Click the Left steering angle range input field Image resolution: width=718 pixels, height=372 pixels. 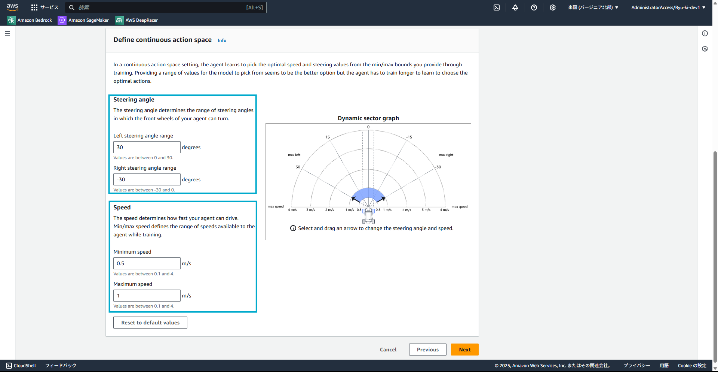[x=147, y=147]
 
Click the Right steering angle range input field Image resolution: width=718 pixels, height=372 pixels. [x=147, y=179]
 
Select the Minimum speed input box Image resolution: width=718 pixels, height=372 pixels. [x=147, y=263]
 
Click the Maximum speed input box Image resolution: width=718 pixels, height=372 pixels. [x=147, y=296]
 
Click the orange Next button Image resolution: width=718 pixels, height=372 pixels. [x=465, y=350]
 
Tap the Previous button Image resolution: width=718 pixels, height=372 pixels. [x=428, y=350]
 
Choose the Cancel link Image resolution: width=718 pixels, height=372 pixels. [x=388, y=350]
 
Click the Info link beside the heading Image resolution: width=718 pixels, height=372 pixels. [x=222, y=40]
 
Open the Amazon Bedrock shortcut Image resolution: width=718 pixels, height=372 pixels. [x=30, y=20]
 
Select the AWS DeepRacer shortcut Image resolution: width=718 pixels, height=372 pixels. [x=136, y=20]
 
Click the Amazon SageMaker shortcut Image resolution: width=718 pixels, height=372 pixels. [x=83, y=20]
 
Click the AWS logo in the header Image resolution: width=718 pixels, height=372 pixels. [x=13, y=7]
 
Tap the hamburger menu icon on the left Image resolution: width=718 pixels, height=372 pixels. [x=7, y=33]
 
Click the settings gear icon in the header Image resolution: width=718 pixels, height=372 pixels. [x=553, y=7]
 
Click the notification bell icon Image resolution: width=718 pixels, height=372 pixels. [x=515, y=7]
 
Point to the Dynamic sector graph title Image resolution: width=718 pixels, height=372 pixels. [x=368, y=118]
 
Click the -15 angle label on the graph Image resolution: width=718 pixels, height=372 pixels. [x=409, y=137]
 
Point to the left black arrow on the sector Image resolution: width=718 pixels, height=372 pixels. [x=355, y=199]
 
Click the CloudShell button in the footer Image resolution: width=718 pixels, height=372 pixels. [x=21, y=366]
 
